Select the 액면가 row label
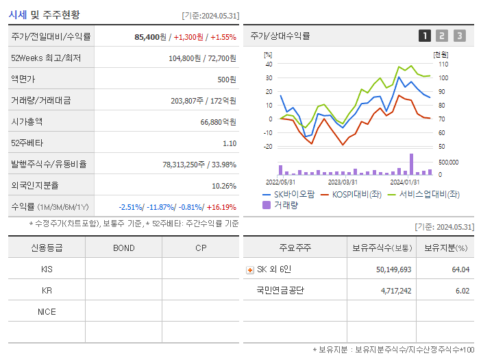coord(24,80)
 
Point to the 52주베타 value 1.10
coord(230,143)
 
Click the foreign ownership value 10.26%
coord(224,186)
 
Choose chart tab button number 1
coord(425,36)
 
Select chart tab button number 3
coord(459,36)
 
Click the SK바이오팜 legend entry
coord(288,195)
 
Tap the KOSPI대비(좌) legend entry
coord(351,195)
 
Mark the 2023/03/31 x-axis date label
coord(343,182)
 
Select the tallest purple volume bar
coord(412,164)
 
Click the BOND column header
coord(123,248)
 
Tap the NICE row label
coord(47,311)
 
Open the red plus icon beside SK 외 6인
coord(250,269)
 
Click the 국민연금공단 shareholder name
coord(280,290)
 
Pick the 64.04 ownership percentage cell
coord(460,269)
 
